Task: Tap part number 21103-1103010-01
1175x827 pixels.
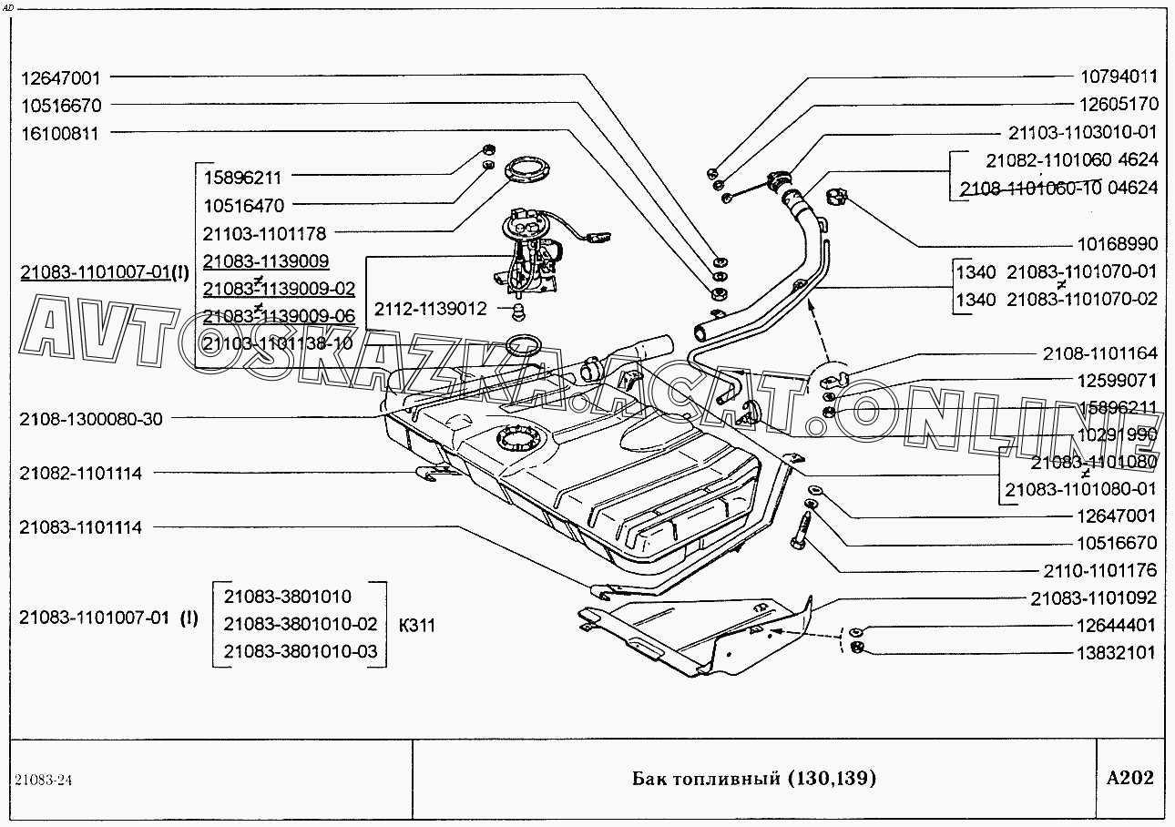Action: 1082,132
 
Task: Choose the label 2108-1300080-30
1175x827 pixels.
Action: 91,420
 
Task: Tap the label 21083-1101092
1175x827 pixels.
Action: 1093,598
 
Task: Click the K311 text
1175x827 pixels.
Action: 417,626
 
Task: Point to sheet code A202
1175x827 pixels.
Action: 1129,778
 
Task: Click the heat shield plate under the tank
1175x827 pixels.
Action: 701,633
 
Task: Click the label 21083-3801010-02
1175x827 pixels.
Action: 300,625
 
